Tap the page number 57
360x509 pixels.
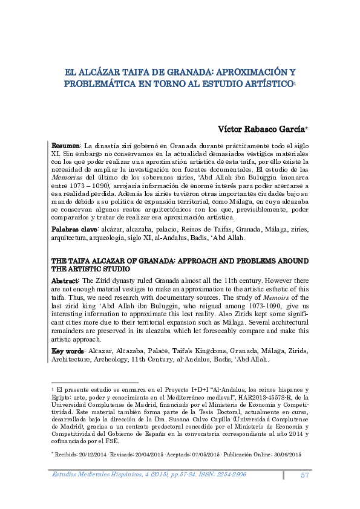point(306,475)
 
